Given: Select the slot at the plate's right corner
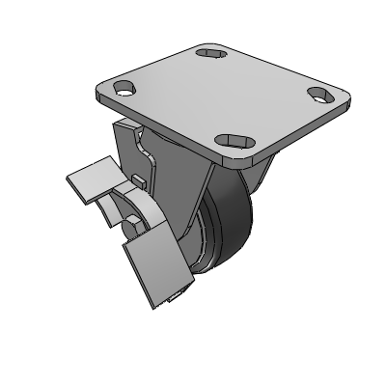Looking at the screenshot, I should [x=318, y=95].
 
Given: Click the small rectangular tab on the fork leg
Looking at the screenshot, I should [x=141, y=180].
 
